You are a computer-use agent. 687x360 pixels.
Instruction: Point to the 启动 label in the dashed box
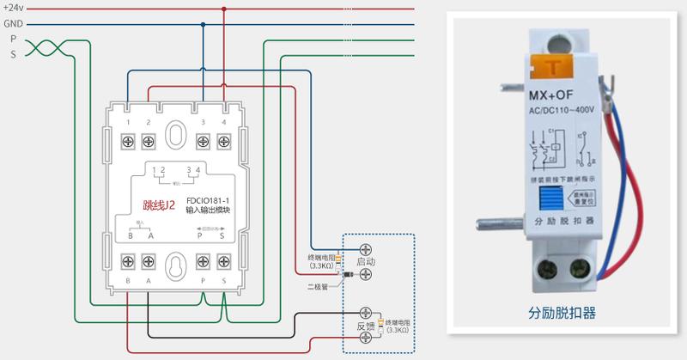point(366,259)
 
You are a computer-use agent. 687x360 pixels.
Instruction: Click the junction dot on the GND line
point(203,24)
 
